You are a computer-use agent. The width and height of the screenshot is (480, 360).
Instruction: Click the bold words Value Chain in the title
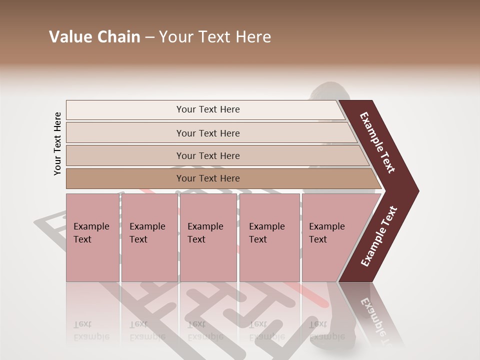[94, 37]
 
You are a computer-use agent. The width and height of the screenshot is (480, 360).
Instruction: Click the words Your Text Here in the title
[215, 37]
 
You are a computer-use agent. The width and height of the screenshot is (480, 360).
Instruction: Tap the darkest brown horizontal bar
[125, 178]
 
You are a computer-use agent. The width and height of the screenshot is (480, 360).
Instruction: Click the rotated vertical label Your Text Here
[57, 143]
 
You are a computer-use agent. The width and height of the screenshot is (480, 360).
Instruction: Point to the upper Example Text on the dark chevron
[377, 142]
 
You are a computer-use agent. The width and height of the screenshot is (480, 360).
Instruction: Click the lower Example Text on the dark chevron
[379, 236]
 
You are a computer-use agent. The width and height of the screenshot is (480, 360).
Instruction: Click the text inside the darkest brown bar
[208, 178]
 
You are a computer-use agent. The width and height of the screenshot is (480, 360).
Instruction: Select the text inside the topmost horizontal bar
[208, 109]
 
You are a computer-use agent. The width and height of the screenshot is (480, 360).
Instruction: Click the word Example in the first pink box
[91, 226]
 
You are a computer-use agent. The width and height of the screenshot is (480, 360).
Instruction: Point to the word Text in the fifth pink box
[318, 239]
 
